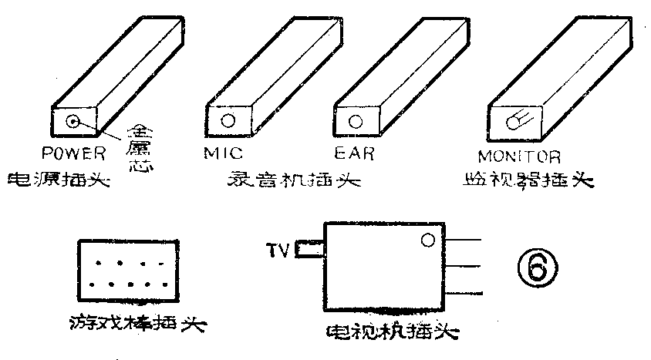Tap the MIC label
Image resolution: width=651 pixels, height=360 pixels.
[223, 153]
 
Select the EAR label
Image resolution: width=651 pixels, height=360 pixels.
[355, 153]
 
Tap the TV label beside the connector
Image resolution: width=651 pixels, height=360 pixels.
[276, 250]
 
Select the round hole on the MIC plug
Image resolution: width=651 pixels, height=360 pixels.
[228, 121]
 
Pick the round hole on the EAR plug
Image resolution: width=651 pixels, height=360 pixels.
[356, 121]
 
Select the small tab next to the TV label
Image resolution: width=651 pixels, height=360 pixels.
[309, 249]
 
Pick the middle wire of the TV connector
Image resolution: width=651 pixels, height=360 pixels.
[464, 267]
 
